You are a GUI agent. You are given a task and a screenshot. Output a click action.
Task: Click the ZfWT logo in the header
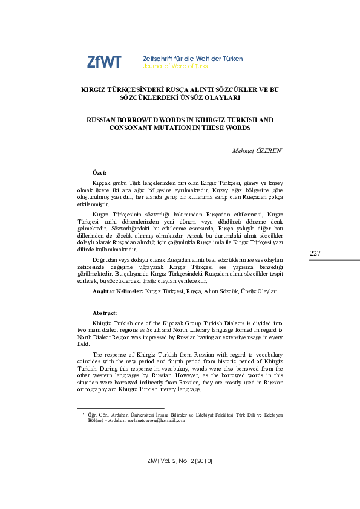[x=104, y=62]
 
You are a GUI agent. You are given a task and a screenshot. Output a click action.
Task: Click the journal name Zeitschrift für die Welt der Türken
[x=192, y=59]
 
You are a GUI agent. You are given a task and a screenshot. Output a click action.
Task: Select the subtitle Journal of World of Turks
[x=176, y=66]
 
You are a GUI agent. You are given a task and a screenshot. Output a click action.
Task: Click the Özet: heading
[x=99, y=173]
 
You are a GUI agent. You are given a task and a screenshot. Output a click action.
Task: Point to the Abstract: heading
[x=105, y=313]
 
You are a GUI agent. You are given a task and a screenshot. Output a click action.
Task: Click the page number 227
[x=315, y=253]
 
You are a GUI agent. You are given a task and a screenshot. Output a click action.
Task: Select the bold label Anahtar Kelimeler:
[x=117, y=291]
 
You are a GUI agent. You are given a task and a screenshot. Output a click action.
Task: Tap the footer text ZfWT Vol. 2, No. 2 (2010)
[x=180, y=462]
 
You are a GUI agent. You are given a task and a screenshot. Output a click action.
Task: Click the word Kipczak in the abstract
[x=186, y=324]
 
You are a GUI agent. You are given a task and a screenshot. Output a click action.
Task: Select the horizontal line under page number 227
[x=316, y=261]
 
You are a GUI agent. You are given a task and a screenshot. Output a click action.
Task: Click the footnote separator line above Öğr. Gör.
[x=121, y=407]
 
